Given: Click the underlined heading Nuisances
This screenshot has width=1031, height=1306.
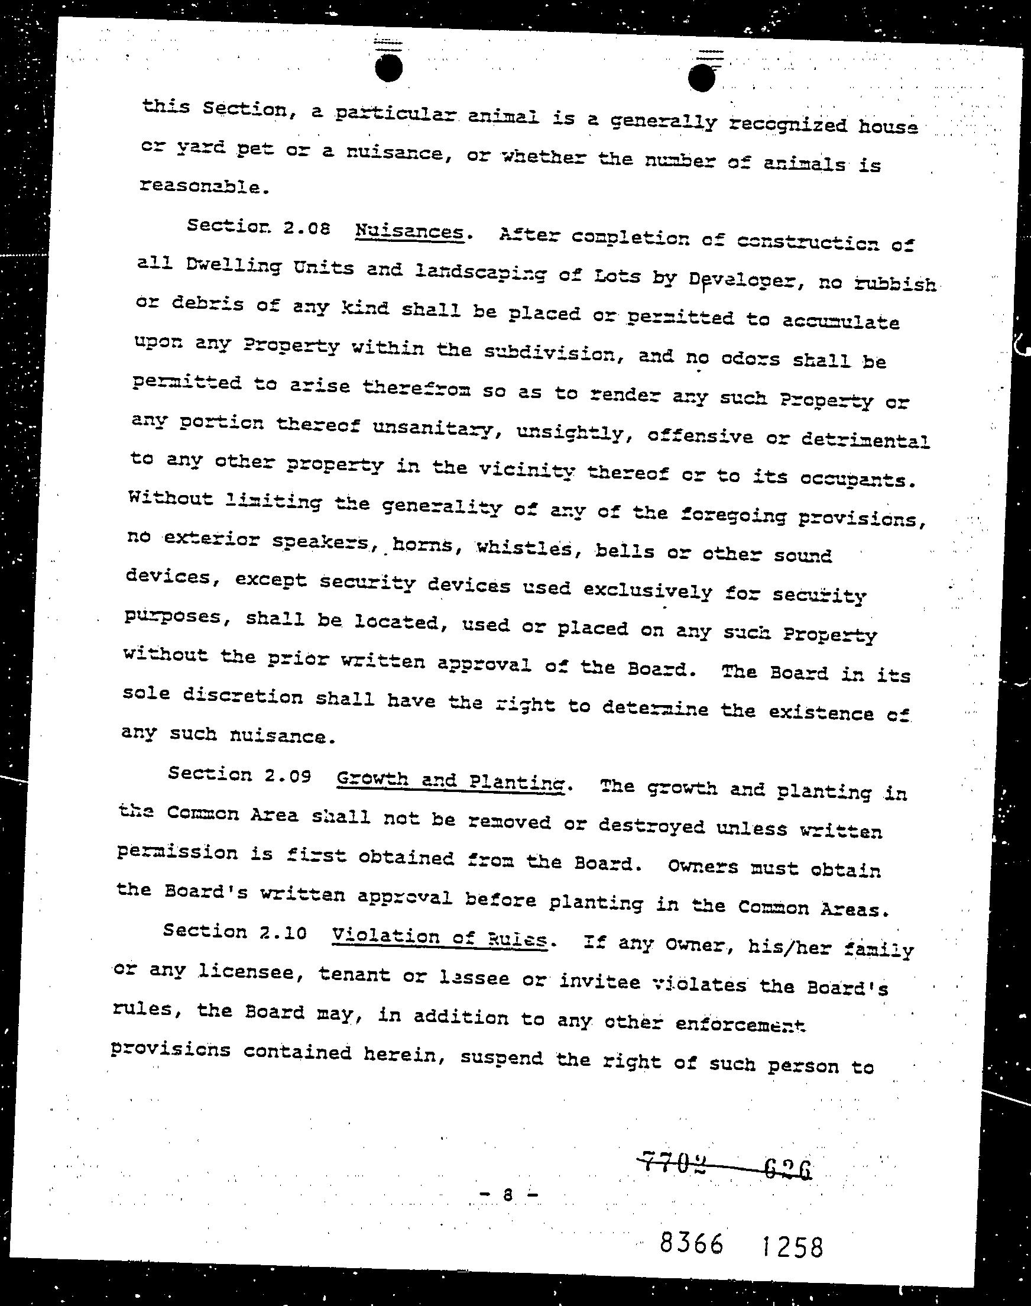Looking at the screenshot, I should coord(409,232).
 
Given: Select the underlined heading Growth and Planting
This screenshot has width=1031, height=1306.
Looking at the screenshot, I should coord(450,781).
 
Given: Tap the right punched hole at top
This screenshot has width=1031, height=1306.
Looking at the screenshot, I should coord(702,78).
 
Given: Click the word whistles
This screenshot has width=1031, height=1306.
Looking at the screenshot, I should coord(523,548).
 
